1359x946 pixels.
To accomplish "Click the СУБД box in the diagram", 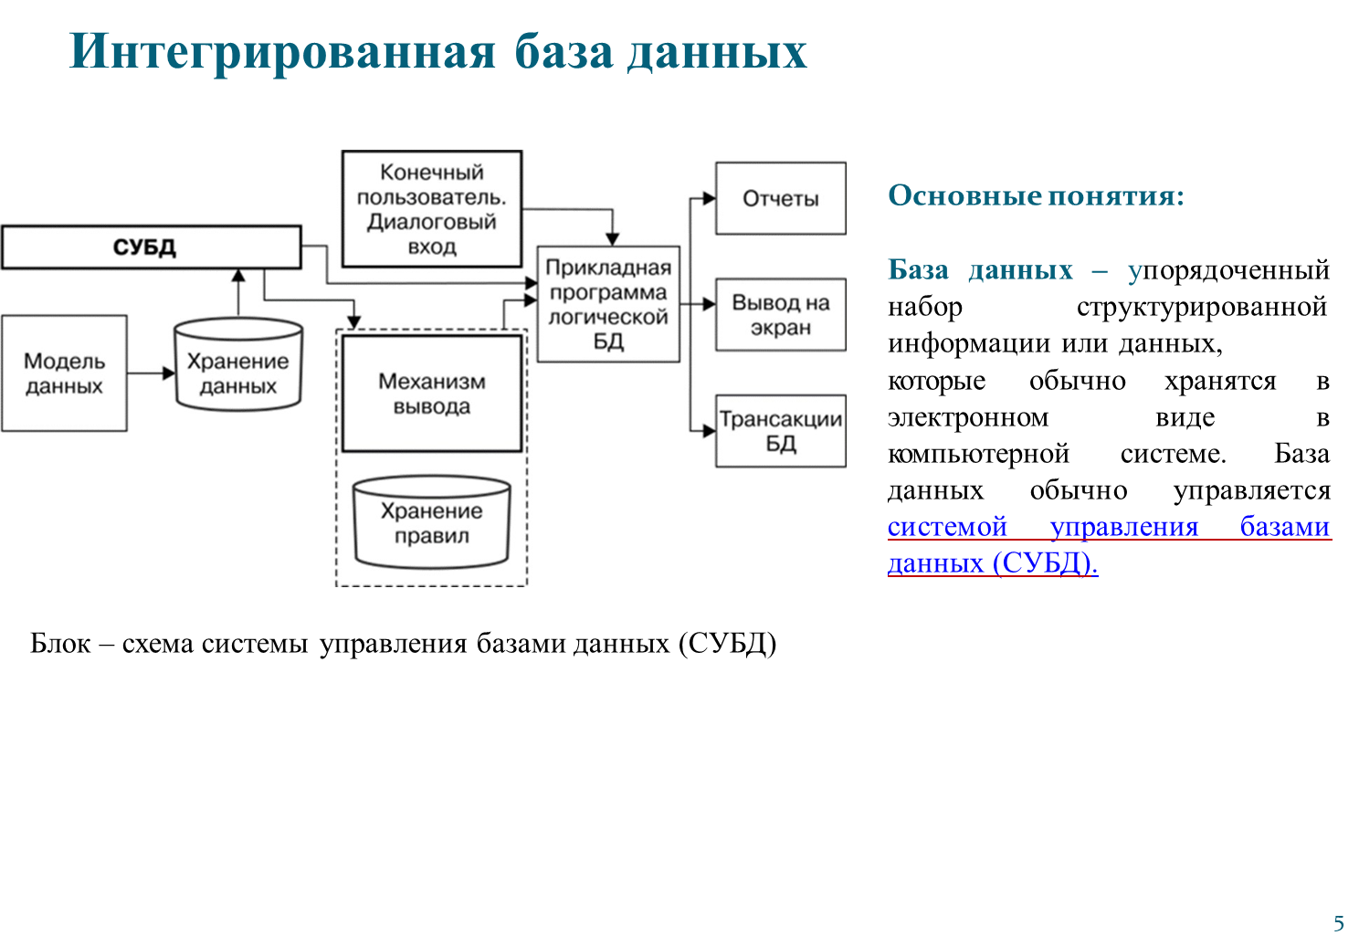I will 151,247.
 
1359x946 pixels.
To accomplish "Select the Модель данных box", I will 64,373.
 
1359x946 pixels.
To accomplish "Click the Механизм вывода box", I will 432,394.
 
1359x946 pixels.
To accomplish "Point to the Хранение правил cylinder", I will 432,523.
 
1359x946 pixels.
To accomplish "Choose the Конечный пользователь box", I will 432,209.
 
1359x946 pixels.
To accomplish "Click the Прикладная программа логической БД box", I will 608,304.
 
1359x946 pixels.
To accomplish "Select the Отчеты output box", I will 780,199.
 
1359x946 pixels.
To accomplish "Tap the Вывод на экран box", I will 780,315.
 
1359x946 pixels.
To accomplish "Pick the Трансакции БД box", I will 780,431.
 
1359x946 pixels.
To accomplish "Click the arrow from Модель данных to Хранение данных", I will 151,373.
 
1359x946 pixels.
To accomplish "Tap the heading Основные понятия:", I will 1036,195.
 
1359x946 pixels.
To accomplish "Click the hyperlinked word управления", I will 1123,527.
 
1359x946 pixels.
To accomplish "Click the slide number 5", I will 1339,922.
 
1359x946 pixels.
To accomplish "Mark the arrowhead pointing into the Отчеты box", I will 709,198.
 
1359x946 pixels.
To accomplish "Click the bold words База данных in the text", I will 980,270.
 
